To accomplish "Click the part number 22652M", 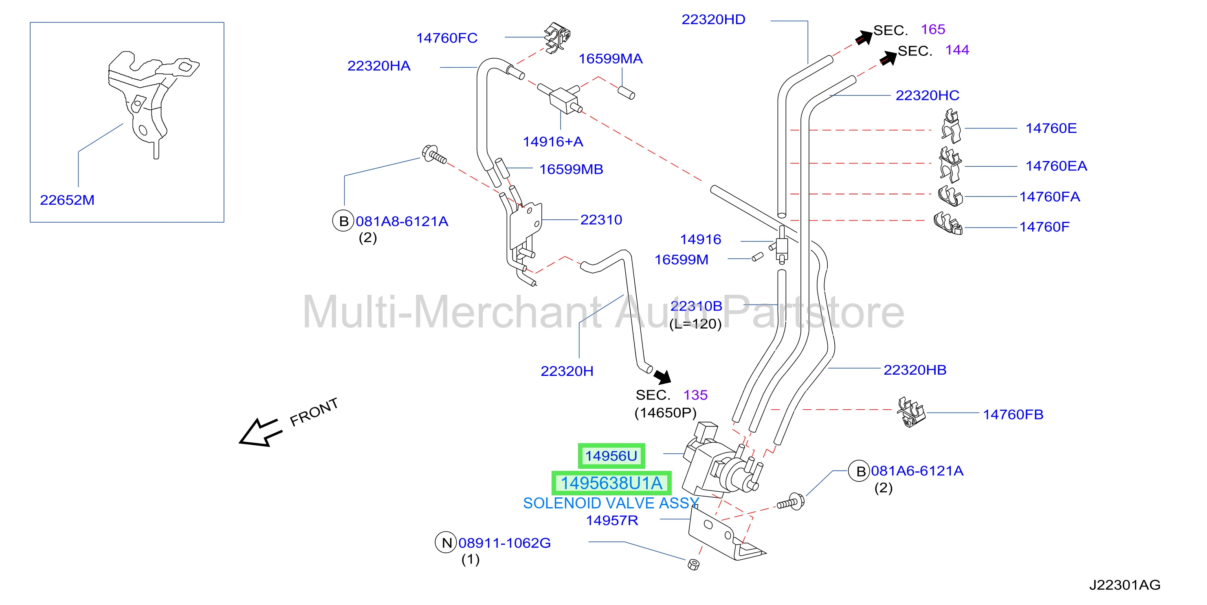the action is (67, 200).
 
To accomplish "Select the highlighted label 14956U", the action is (611, 456).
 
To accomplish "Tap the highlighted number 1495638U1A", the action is (611, 483).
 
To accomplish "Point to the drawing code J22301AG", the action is (1125, 585).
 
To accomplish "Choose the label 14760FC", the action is (447, 38).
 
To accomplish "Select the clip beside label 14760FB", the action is (911, 412).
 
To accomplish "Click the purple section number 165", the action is (933, 29).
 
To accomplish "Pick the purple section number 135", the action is (695, 395).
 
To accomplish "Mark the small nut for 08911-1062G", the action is (693, 564).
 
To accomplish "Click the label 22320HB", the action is (915, 370).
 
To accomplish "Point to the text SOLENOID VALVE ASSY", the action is (611, 503).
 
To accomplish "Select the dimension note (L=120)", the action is (695, 324).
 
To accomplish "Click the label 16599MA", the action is (611, 59).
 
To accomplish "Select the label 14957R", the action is (612, 520).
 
